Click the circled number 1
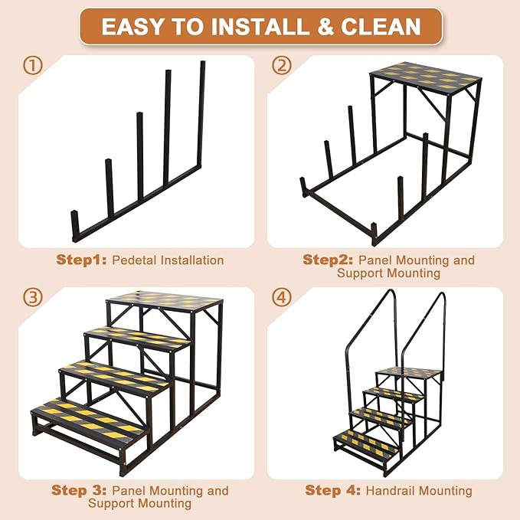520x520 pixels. point(32,66)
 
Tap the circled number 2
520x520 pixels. point(283,66)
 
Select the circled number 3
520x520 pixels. point(32,297)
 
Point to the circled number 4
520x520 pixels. point(283,297)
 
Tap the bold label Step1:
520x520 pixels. point(82,260)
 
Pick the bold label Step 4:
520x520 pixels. point(333,490)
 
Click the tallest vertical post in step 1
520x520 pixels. point(201,115)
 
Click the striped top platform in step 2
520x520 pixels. point(426,77)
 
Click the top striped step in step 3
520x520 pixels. point(165,300)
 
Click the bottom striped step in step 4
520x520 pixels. point(366,441)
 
